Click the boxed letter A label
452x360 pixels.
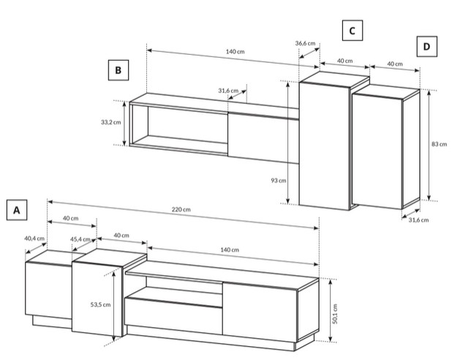coord(17,210)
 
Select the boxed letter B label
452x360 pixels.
coord(118,70)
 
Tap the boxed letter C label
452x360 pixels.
coord(353,31)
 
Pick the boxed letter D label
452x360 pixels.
coord(427,46)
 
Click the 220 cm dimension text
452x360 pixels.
coord(181,209)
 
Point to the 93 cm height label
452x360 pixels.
coord(279,181)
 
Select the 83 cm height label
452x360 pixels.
coord(439,144)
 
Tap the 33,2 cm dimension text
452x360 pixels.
coord(111,122)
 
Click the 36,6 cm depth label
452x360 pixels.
coord(305,43)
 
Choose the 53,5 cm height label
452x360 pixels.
coord(100,304)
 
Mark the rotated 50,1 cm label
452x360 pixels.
coord(335,314)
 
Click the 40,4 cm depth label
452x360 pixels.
coord(34,239)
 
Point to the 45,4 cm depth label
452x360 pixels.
coord(80,239)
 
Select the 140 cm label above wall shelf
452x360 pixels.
coord(235,52)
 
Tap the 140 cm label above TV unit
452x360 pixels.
coord(230,250)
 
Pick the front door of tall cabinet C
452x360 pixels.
coord(325,146)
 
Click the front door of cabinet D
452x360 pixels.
coord(377,151)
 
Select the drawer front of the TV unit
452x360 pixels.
coord(173,316)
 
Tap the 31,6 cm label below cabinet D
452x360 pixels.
coord(418,220)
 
